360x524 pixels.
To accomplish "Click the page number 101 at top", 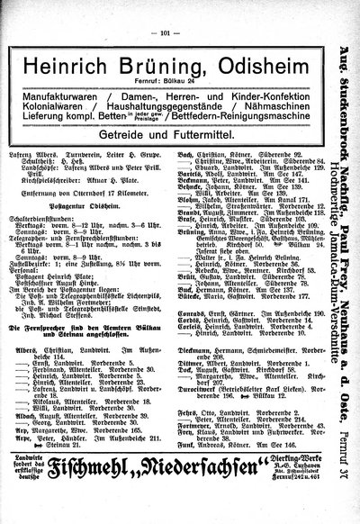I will point(165,10).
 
